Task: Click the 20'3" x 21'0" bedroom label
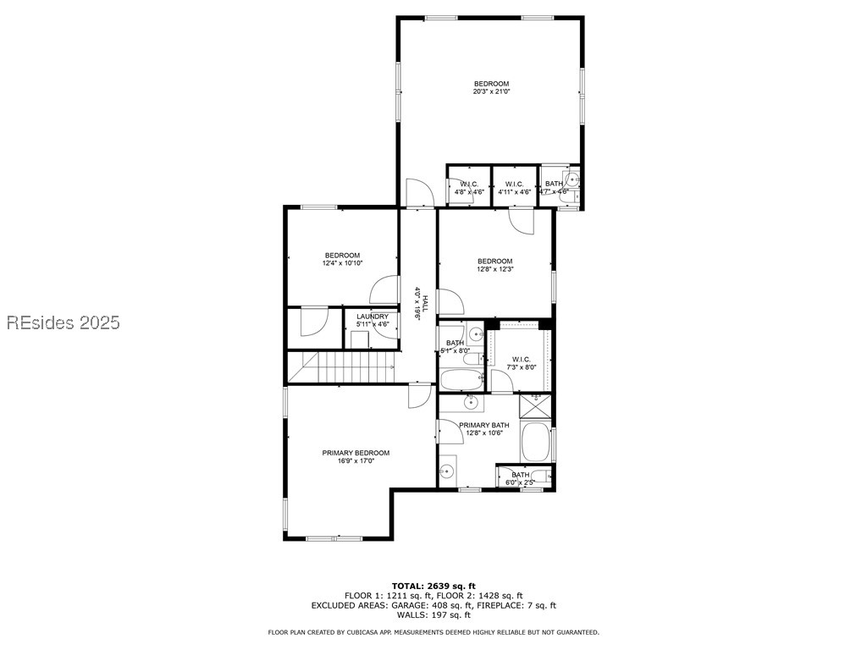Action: [x=491, y=87]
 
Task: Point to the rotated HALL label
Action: [x=417, y=303]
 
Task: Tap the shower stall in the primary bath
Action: [x=536, y=407]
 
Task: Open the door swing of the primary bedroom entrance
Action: [x=419, y=395]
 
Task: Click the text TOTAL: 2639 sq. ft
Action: [x=433, y=586]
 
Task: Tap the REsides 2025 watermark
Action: [x=64, y=322]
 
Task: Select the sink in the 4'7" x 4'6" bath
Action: [x=572, y=179]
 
